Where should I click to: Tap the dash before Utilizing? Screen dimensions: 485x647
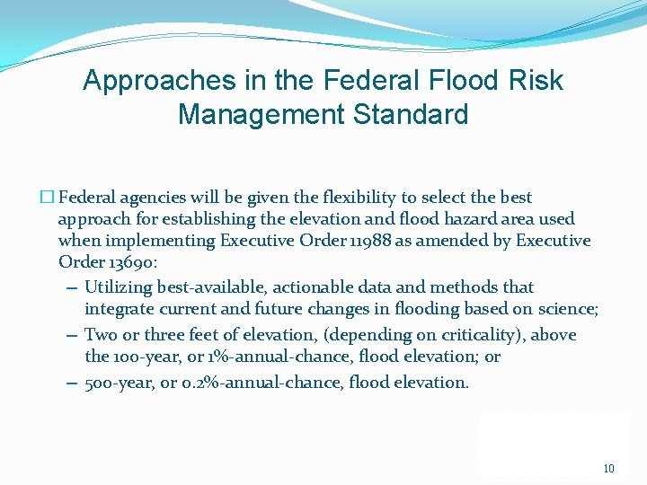point(71,288)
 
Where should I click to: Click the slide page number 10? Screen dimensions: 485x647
point(608,468)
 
